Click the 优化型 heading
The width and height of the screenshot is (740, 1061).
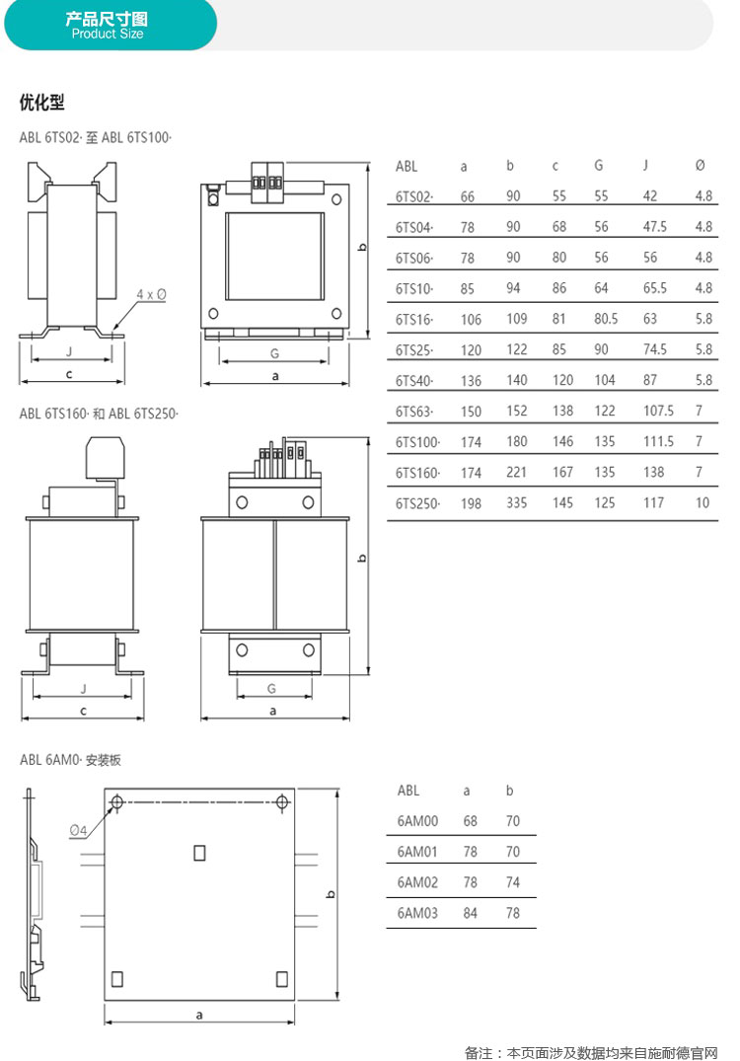coord(42,103)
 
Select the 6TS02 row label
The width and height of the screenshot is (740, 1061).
coord(414,197)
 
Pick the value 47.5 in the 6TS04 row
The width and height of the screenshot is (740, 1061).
coord(654,227)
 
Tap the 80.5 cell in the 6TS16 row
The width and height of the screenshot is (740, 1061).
coord(606,319)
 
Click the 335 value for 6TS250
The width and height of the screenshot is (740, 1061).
coord(516,502)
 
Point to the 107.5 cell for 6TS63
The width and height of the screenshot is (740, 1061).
coord(657,411)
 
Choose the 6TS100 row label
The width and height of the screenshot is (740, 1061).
coord(417,442)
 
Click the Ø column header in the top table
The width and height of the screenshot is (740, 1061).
coord(701,165)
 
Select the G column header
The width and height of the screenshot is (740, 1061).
coord(599,165)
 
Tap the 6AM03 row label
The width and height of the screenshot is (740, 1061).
coord(417,913)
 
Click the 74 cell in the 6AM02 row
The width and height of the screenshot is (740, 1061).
coord(513,882)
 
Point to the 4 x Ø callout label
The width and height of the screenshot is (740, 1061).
coord(152,294)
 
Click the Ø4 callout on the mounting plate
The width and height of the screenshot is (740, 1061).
coord(79,830)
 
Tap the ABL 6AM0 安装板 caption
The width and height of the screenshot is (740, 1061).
coord(70,760)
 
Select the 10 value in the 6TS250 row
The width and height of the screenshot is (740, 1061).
coord(703,502)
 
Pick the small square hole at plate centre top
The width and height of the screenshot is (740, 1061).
coord(199,853)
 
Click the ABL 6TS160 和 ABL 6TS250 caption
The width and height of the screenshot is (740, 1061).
coord(99,414)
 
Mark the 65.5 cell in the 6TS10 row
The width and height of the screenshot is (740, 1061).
coord(654,288)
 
